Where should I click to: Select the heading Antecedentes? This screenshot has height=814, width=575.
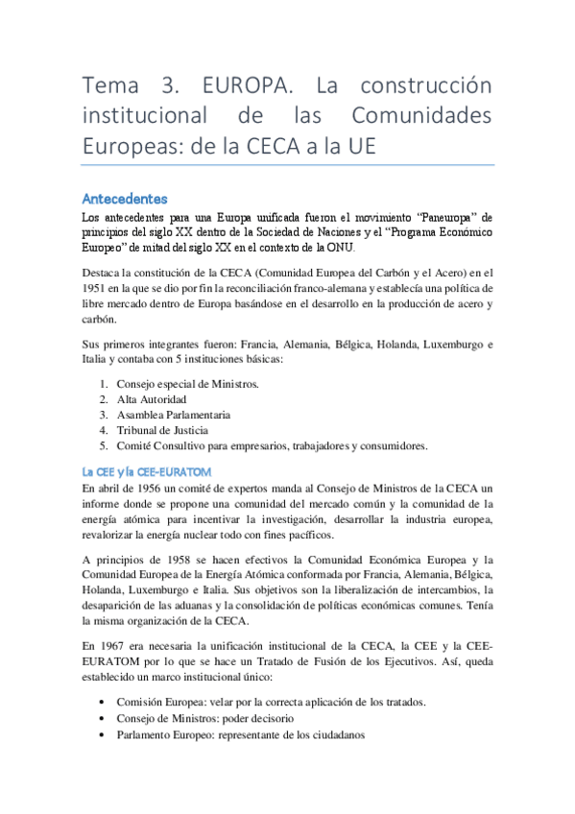[x=125, y=199]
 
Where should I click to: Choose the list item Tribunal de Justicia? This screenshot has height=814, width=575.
[x=161, y=430]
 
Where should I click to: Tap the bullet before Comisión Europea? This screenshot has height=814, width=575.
[x=103, y=702]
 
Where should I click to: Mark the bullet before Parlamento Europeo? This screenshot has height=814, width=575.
[x=103, y=734]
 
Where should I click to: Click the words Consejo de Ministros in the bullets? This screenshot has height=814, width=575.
[x=167, y=718]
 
